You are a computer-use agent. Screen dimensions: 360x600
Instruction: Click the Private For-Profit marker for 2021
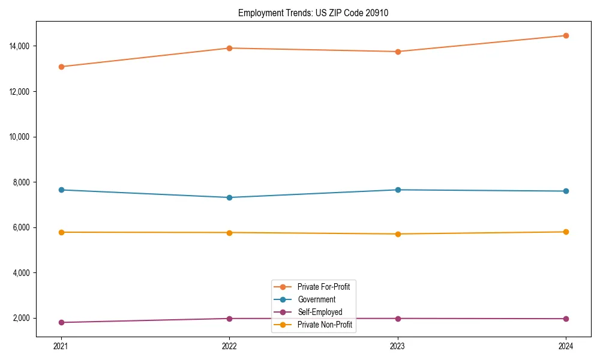[61, 67]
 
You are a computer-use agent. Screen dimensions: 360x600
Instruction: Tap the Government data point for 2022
[229, 197]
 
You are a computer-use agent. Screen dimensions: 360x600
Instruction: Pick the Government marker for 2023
[398, 190]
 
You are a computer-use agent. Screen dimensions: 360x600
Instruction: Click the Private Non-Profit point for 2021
[61, 232]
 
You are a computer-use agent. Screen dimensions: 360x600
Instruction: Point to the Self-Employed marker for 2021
[61, 322]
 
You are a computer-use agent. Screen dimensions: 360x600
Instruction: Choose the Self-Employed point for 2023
[398, 319]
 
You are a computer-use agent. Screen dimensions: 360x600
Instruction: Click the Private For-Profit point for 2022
[229, 48]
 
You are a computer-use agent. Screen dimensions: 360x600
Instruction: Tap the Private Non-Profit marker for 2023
[398, 234]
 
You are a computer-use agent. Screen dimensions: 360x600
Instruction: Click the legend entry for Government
[316, 299]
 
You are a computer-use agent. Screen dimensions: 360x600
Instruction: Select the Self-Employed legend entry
[320, 312]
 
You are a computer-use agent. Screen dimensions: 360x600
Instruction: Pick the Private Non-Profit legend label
[325, 325]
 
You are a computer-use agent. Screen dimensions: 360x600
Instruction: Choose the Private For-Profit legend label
[323, 287]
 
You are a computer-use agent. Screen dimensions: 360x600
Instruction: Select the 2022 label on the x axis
[229, 346]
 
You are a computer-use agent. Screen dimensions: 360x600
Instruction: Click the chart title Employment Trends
[313, 13]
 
